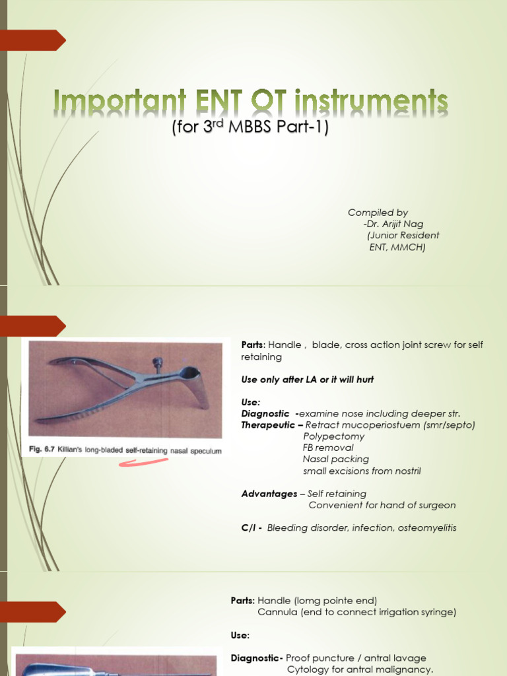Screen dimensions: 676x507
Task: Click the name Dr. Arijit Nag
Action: [395, 224]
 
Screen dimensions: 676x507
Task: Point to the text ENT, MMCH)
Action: [397, 247]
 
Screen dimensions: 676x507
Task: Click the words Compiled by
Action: [378, 213]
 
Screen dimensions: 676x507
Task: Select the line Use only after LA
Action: [308, 380]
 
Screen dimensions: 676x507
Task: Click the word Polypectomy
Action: [333, 436]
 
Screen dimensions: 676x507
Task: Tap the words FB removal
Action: [328, 448]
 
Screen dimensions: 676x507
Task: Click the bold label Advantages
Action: [269, 494]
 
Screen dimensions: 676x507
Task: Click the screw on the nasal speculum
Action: [157, 363]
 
